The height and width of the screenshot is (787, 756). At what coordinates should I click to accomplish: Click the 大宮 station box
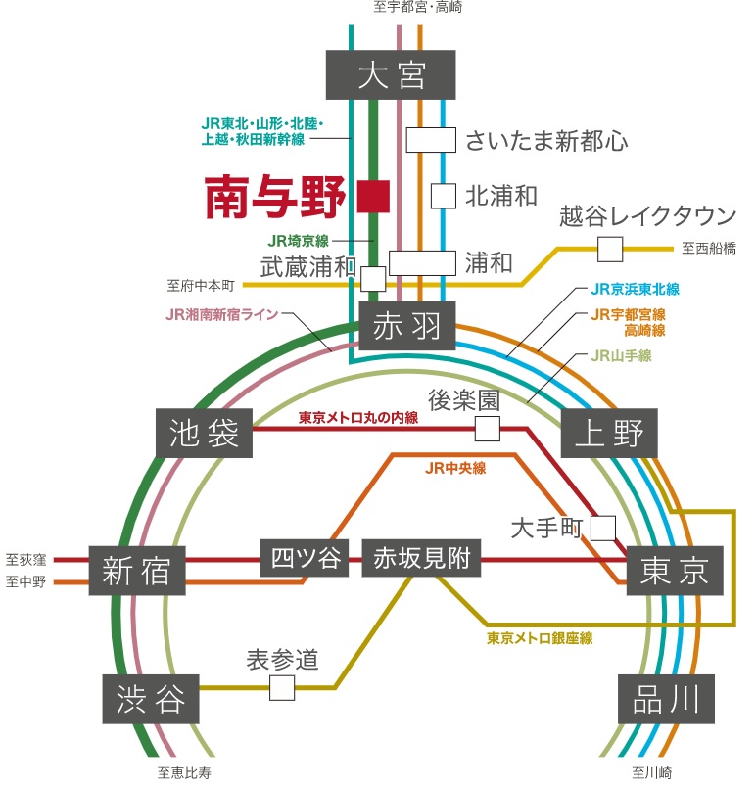coord(393,74)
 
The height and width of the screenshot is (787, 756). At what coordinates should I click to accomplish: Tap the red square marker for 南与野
coord(374,196)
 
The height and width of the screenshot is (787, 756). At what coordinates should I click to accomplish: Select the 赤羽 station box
coord(407,327)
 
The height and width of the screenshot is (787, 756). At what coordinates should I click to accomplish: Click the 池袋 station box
coord(205,434)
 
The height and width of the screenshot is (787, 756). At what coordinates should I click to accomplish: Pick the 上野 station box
coord(609,434)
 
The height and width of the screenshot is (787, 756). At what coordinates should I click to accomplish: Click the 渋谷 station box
coord(151,698)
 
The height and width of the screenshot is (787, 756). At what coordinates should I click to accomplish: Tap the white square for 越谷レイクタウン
coord(610,249)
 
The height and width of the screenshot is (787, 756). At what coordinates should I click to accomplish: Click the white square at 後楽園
coord(487,428)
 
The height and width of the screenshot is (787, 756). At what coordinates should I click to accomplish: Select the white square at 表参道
coord(282,687)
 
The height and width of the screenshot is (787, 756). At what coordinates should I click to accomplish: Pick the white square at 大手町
coord(603,529)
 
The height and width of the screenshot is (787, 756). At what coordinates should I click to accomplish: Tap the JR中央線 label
coord(456,468)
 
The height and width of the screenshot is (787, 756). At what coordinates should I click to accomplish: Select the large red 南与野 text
coord(275,198)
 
